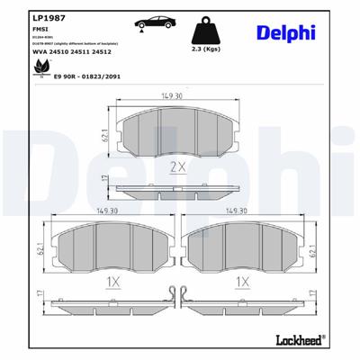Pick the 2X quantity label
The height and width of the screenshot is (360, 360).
(177, 167)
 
